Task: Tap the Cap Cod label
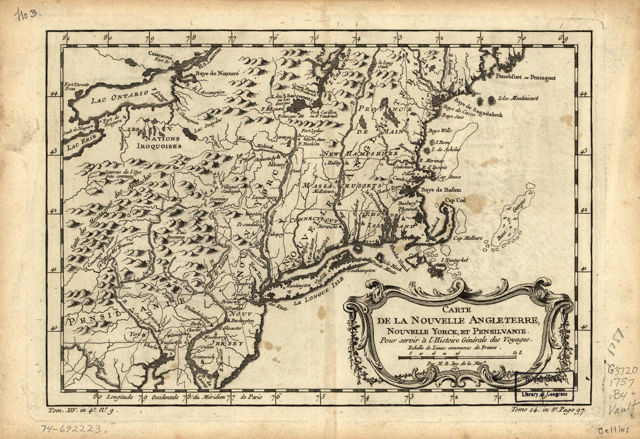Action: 456,201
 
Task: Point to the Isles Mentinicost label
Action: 518,98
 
